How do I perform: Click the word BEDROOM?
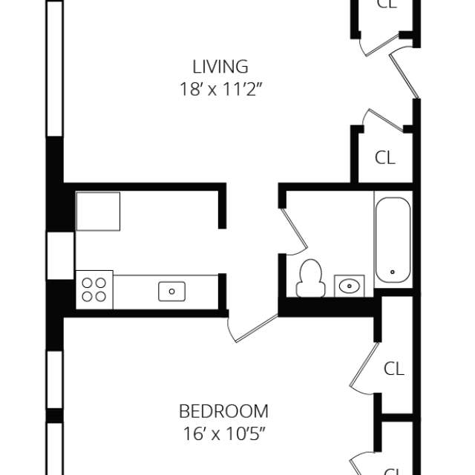(223, 410)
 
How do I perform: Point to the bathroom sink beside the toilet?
(349, 284)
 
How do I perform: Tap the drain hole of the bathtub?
(393, 273)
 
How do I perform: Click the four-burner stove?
(94, 289)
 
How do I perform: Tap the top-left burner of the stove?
(87, 283)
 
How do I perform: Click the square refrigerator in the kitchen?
(98, 212)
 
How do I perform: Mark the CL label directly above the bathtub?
(384, 157)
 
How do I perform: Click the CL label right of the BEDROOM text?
(393, 368)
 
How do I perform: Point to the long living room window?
(55, 67)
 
